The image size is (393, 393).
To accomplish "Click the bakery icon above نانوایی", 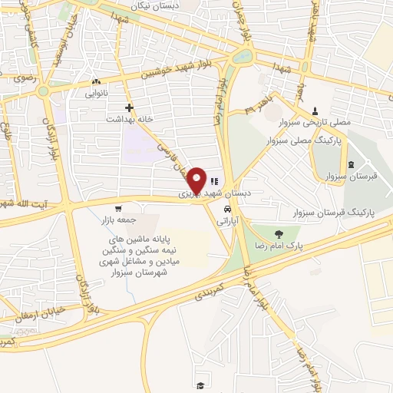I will (x=96, y=81).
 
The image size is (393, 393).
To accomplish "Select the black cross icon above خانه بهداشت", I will (x=129, y=107).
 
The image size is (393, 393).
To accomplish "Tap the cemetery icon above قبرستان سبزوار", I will (x=352, y=164).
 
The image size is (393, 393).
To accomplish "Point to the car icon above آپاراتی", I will (x=226, y=209).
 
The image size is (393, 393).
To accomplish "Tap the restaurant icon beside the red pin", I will (x=213, y=182).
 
